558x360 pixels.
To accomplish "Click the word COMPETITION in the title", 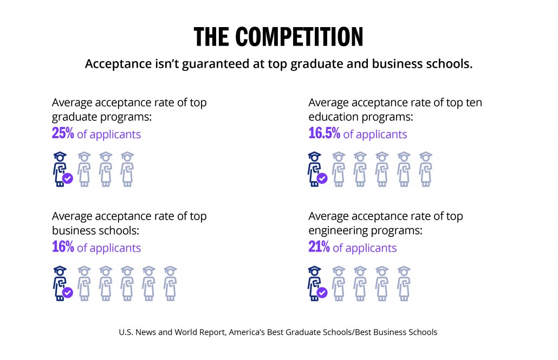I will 300,36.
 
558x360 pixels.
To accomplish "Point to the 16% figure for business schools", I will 62,247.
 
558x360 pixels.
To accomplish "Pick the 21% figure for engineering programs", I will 319,247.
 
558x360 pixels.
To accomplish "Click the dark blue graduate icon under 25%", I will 60,169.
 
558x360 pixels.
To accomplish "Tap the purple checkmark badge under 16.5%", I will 322,178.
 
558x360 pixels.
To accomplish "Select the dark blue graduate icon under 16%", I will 60,283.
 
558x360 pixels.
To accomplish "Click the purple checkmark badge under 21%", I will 322,292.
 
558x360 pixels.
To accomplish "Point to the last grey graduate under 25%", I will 127,169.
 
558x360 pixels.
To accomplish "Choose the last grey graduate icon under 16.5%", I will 426,169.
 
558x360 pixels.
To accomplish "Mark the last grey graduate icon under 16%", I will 170,283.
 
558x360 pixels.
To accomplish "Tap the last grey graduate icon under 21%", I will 404,283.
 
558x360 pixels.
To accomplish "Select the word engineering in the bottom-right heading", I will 336,230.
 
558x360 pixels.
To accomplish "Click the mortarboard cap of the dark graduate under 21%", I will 315,269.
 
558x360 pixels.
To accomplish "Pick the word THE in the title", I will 212,36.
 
